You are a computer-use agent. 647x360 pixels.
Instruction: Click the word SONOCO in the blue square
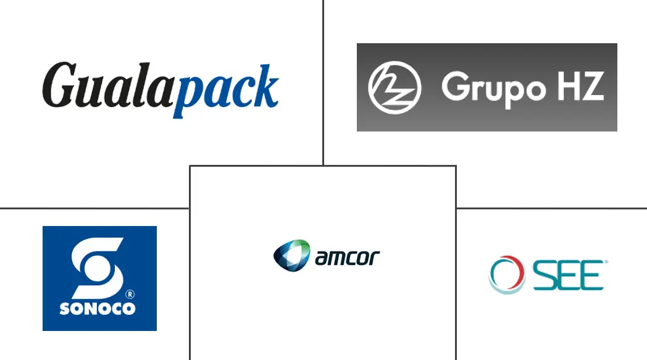pos(98,308)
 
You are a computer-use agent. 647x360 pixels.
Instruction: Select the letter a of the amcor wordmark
pos(322,258)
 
